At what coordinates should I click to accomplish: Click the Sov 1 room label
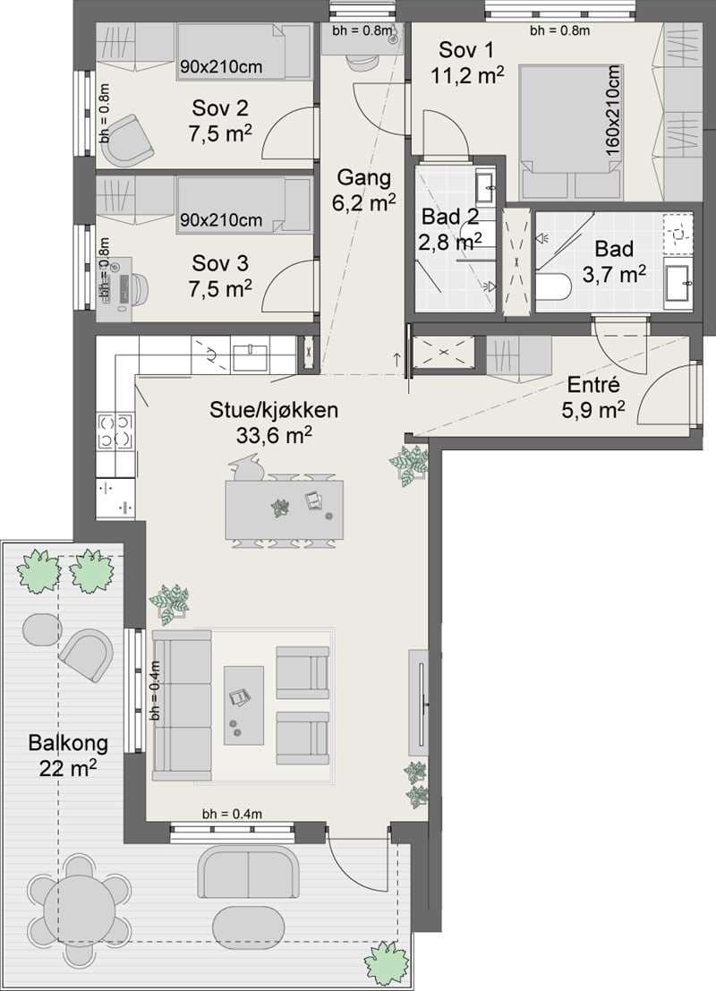coord(466,49)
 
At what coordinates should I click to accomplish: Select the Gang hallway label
coord(363,178)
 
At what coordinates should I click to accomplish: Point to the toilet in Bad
coord(554,286)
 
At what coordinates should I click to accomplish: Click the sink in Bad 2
coord(486,186)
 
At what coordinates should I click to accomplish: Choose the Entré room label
coord(592,384)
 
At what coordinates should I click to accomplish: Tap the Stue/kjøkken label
coord(274,410)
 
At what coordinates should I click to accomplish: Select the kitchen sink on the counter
coord(251,358)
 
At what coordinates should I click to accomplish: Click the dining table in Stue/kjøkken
coord(285,509)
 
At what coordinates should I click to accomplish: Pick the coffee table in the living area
coord(244,705)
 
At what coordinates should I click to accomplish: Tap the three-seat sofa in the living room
coord(182,705)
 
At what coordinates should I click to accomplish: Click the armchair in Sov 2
coord(130,141)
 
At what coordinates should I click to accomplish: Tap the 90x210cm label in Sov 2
coord(221,65)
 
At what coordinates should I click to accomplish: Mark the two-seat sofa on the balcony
coord(248,873)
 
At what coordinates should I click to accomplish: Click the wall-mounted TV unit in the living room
coord(418,702)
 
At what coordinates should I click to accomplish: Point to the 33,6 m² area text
coord(274,435)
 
